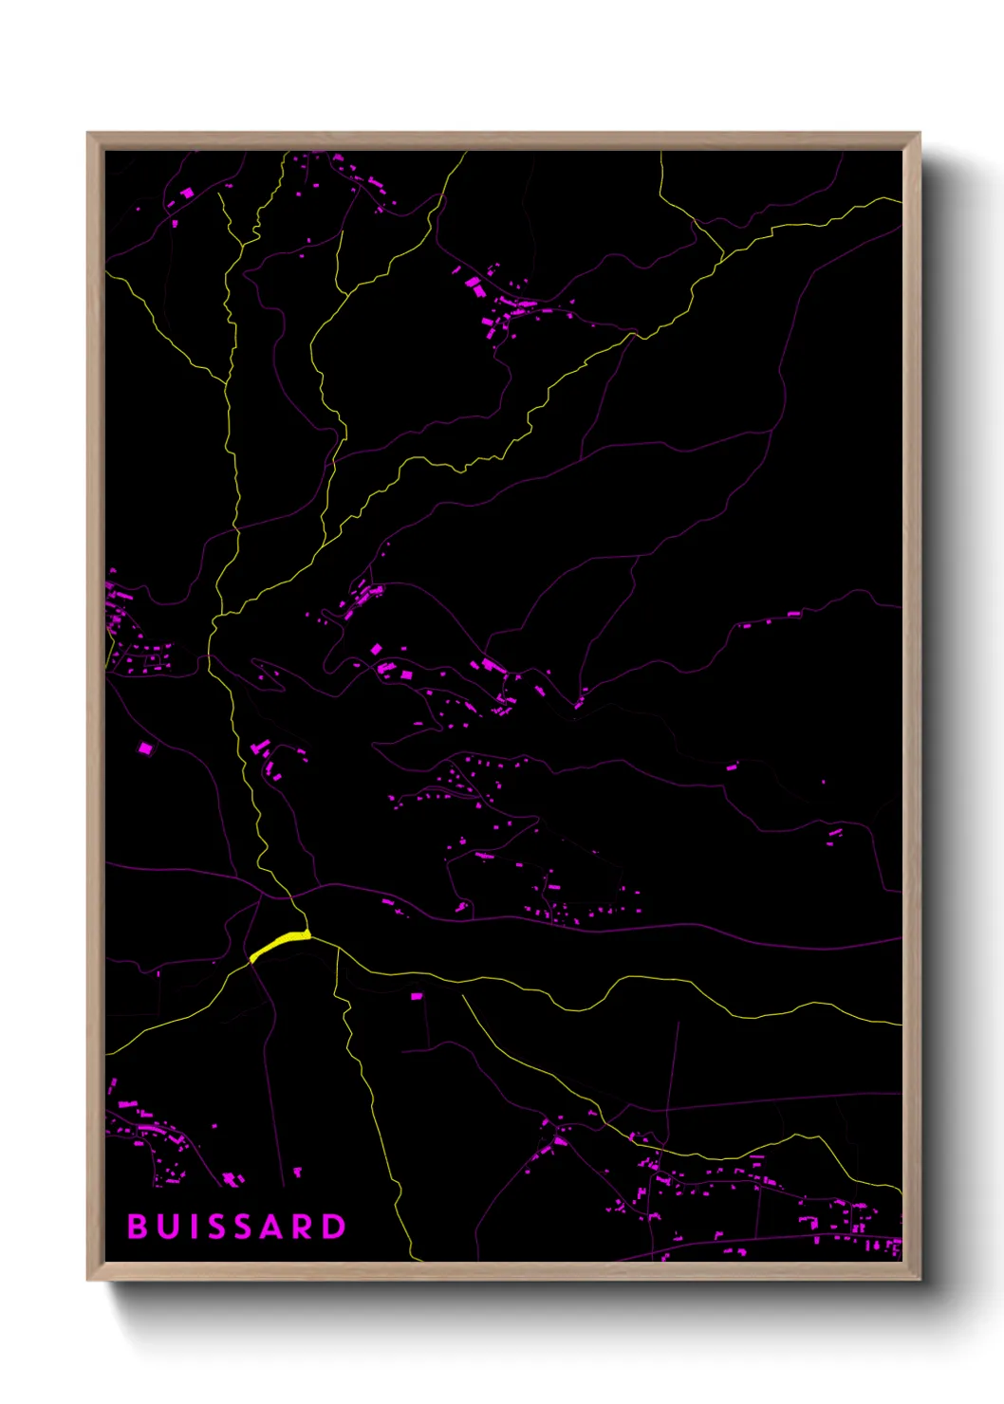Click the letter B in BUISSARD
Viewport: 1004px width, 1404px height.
[x=138, y=1227]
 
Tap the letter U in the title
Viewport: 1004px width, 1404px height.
[x=170, y=1227]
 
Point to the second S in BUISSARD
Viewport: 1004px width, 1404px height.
[x=245, y=1227]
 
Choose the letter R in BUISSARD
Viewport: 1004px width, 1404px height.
[x=303, y=1227]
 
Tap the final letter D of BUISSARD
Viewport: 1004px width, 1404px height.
[x=334, y=1227]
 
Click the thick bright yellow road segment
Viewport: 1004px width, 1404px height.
[x=280, y=944]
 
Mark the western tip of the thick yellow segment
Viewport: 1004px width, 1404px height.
[x=251, y=960]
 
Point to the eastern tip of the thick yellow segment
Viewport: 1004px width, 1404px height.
[x=309, y=934]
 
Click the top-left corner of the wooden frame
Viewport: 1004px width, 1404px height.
[x=88, y=134]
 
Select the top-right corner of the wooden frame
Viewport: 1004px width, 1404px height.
[x=919, y=134]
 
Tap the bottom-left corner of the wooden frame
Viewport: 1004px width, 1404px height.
[x=88, y=1279]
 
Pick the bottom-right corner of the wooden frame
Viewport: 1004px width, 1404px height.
[x=919, y=1279]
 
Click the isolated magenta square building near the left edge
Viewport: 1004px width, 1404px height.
[x=145, y=748]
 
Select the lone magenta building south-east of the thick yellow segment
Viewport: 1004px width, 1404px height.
[x=416, y=996]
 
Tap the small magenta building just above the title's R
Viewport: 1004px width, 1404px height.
[x=297, y=1173]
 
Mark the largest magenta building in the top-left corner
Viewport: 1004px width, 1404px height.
[x=187, y=193]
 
